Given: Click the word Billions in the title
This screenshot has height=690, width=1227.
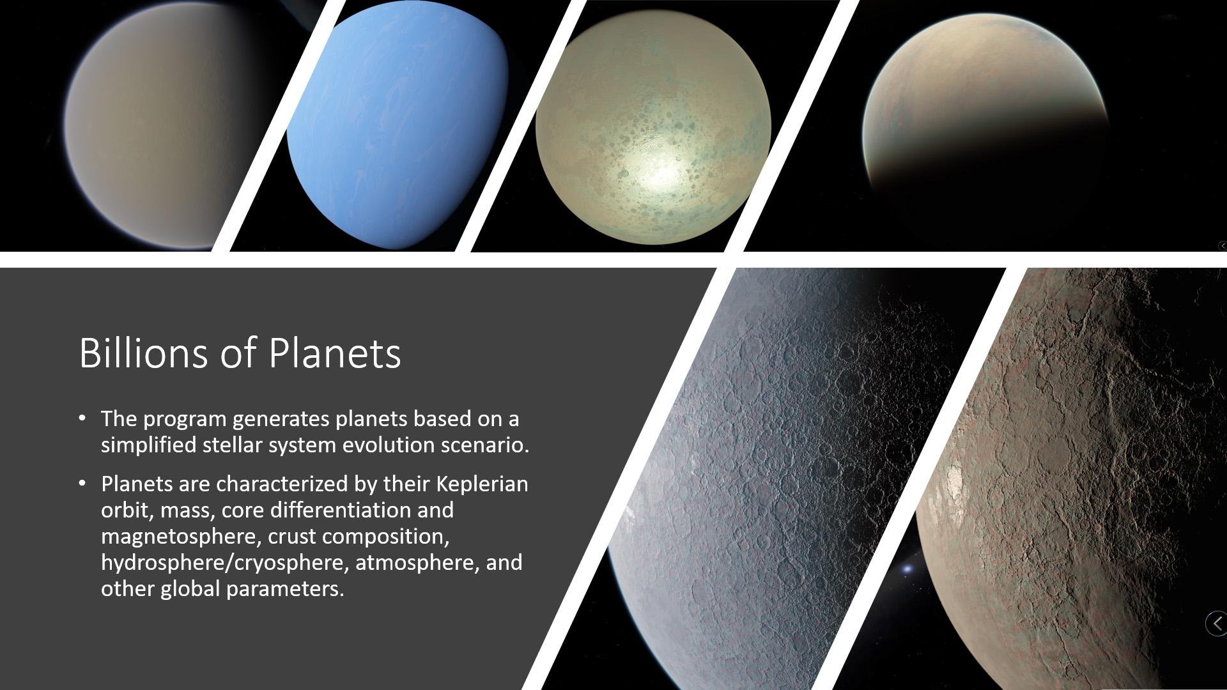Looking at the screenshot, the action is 143,353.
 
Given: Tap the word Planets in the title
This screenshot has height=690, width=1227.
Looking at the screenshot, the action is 335,353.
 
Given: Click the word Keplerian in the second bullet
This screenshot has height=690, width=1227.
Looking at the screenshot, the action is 482,484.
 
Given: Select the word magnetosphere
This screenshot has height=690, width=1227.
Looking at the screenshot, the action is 179,536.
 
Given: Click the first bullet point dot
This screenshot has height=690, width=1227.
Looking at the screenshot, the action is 82,418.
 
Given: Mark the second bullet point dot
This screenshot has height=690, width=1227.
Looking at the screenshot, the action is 82,484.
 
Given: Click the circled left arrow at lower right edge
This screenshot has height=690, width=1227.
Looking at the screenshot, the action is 1217,623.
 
